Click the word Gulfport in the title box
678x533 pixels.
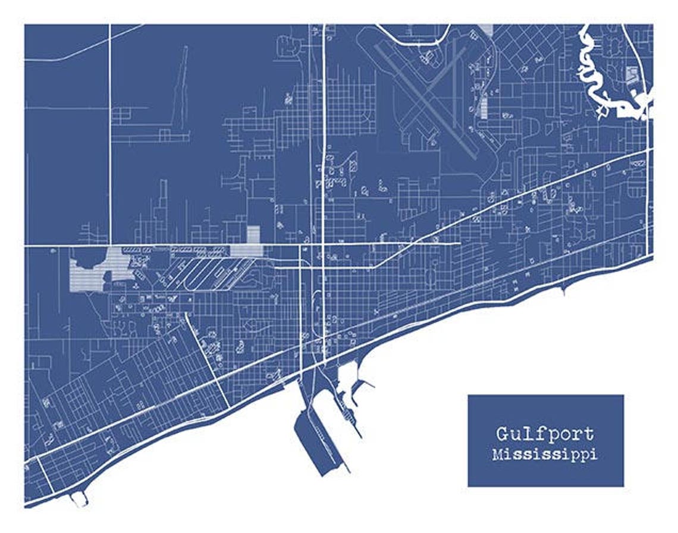(545, 435)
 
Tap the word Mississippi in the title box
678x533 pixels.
(545, 455)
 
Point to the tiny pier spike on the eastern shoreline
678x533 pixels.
(563, 290)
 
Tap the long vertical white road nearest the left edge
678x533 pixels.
(109, 131)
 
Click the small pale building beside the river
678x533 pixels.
(632, 74)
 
